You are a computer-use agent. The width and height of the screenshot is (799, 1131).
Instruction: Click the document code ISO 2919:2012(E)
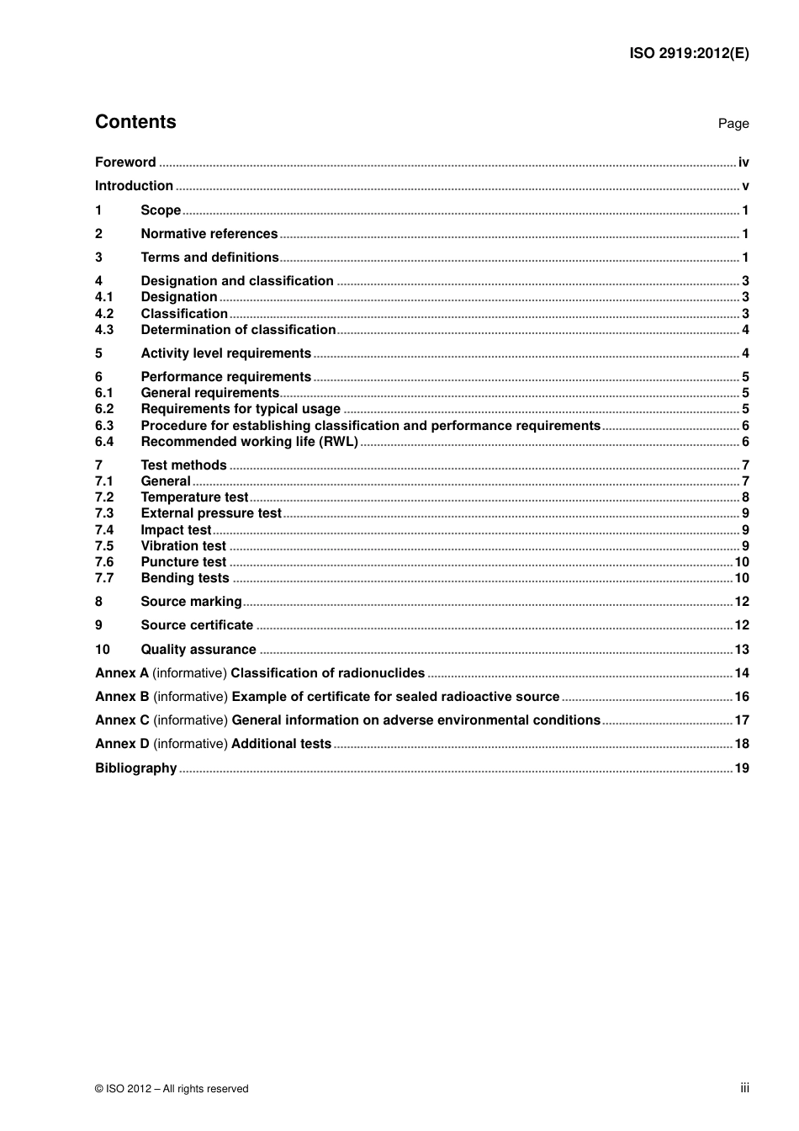tap(689, 53)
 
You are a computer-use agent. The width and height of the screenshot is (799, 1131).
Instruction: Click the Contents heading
tap(135, 122)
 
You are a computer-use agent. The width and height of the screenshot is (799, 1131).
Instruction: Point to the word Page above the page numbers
tap(733, 124)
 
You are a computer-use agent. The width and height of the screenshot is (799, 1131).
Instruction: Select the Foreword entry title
tap(125, 162)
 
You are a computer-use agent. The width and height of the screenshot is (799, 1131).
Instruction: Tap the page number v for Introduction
tap(745, 186)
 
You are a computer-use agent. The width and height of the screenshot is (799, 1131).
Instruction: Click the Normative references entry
tap(209, 234)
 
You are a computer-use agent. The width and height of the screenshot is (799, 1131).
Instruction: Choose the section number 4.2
tap(104, 314)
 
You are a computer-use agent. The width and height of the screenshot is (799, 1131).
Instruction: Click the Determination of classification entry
tap(238, 330)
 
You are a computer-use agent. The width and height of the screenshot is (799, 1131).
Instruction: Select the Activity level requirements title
tap(225, 353)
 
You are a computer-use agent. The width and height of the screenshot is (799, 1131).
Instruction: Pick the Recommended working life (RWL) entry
tap(249, 442)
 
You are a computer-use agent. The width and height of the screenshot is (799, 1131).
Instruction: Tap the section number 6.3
tap(104, 426)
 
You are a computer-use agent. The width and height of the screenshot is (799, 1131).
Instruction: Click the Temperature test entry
tap(194, 497)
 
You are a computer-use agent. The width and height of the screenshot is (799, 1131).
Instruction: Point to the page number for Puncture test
tap(741, 562)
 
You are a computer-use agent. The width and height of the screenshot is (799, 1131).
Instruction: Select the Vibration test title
tap(183, 546)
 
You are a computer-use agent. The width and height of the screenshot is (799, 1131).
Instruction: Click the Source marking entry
tap(191, 602)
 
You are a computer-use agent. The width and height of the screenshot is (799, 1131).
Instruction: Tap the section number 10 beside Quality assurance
tap(103, 650)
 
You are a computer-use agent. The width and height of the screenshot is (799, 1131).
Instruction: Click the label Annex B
tap(122, 697)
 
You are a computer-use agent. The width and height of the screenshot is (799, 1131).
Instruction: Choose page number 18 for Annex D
tap(741, 744)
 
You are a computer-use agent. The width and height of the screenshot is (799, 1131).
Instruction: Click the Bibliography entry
tap(135, 768)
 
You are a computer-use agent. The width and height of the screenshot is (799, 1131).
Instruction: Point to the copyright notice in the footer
tap(172, 1089)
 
